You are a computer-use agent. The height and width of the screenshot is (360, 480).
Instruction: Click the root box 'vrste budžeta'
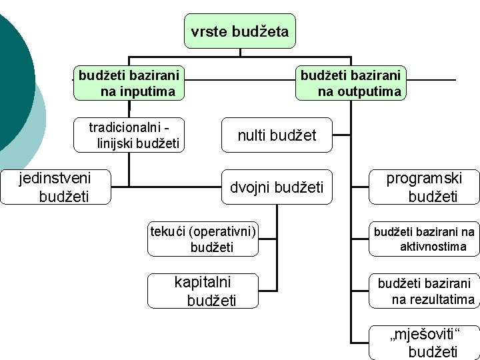click(x=240, y=31)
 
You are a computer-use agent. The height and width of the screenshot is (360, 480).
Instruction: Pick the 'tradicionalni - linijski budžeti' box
click(x=134, y=135)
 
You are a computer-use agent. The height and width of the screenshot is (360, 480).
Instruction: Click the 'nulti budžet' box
click(x=277, y=136)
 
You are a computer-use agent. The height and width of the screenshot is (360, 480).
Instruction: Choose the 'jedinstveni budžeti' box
click(x=55, y=187)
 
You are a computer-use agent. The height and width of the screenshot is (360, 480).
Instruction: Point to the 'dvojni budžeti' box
click(x=277, y=187)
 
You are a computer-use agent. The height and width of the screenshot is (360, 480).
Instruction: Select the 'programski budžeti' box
click(x=424, y=187)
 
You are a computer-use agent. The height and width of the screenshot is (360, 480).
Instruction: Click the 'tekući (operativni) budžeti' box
click(x=203, y=239)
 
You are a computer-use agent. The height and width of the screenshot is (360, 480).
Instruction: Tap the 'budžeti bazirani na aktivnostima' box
click(x=424, y=239)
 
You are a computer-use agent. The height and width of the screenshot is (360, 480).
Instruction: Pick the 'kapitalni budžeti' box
click(x=203, y=291)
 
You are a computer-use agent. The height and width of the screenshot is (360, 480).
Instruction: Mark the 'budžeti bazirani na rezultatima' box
click(x=424, y=291)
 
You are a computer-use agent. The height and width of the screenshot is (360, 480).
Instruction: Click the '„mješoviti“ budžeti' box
click(x=424, y=343)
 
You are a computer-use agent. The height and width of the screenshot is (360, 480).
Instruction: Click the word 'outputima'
click(x=359, y=91)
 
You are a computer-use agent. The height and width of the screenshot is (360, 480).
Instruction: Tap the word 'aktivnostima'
click(x=433, y=247)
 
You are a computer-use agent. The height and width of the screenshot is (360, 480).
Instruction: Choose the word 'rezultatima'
click(x=433, y=299)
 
